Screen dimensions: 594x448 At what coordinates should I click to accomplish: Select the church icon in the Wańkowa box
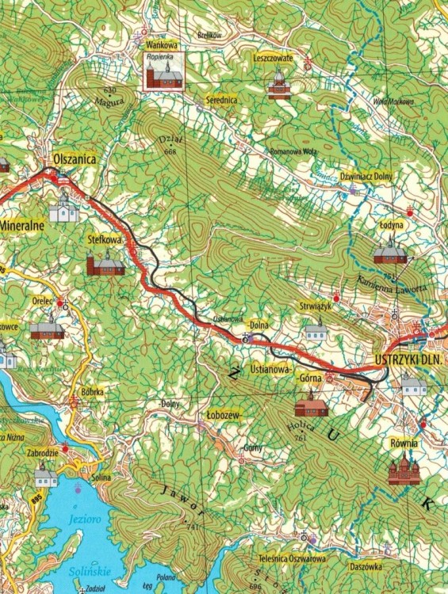pyautogui.click(x=163, y=76)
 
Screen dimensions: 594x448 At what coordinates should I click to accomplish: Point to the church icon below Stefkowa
pyautogui.click(x=105, y=264)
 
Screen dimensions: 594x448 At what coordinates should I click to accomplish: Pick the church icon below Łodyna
pyautogui.click(x=389, y=253)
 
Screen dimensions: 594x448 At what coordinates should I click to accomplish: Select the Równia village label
pyautogui.click(x=403, y=444)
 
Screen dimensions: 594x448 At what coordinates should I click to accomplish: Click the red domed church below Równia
pyautogui.click(x=404, y=470)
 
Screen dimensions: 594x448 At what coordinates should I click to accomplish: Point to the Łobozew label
pyautogui.click(x=221, y=415)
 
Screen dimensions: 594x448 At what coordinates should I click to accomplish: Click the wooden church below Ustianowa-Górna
pyautogui.click(x=310, y=408)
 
